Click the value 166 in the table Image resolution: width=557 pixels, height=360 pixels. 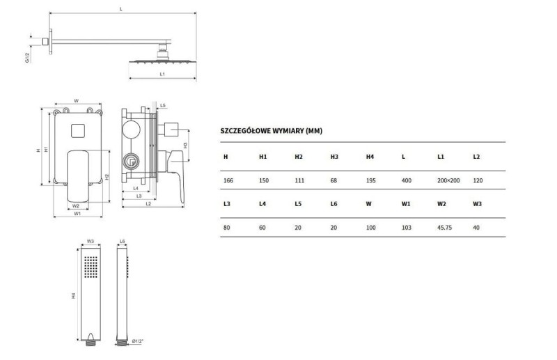tap(228, 180)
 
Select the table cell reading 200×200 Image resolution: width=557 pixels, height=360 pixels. tap(448, 180)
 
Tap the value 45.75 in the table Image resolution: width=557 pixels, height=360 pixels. tap(444, 228)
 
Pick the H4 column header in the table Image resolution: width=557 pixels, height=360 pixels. tap(370, 157)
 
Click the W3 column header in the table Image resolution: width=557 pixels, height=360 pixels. tap(477, 204)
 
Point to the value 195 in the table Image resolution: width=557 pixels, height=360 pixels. tap(371, 180)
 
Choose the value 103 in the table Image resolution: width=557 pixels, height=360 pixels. tap(406, 228)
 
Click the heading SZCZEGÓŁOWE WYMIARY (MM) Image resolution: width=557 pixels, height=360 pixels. tap(272, 131)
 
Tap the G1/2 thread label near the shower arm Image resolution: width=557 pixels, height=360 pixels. tap(27, 57)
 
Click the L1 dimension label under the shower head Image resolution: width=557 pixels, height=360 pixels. tap(162, 75)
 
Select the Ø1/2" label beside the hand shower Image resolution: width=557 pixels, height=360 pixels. tap(137, 341)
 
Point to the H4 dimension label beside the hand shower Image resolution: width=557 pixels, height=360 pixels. tap(74, 295)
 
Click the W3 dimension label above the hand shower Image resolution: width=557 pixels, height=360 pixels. tap(91, 242)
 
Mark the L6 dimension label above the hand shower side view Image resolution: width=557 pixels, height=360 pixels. tap(123, 242)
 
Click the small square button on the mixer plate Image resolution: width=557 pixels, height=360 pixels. tap(78, 130)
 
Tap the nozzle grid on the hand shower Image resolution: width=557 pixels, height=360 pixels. tap(91, 267)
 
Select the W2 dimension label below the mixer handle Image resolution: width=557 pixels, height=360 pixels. tap(76, 206)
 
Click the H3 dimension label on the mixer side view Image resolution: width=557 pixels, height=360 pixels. tap(185, 146)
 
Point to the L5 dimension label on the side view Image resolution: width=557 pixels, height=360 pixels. tap(163, 106)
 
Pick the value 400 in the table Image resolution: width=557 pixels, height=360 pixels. tap(407, 180)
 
